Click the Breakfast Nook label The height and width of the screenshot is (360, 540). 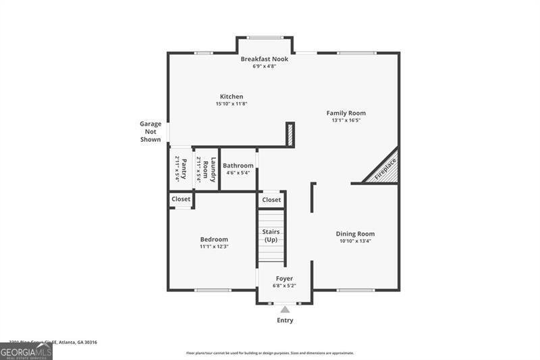(265, 59)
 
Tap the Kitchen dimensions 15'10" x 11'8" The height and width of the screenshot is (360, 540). (231, 104)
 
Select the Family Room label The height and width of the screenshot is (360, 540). (346, 113)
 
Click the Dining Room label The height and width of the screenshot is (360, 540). (355, 234)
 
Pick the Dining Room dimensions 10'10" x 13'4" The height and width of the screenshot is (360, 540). (355, 241)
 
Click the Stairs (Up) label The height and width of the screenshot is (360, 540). (271, 236)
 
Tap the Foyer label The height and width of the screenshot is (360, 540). (284, 278)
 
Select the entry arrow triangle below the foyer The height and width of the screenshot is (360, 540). (285, 309)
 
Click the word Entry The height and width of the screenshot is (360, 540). (285, 320)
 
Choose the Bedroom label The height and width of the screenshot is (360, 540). (214, 239)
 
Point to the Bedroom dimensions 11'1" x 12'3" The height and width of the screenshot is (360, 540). (214, 247)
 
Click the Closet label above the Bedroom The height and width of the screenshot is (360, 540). (181, 199)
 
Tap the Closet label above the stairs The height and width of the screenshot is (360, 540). (271, 200)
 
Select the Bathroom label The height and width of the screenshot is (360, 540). (238, 165)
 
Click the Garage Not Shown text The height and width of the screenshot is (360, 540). (151, 132)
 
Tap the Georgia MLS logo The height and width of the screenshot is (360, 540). (26, 351)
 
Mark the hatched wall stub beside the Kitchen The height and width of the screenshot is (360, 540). (290, 134)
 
